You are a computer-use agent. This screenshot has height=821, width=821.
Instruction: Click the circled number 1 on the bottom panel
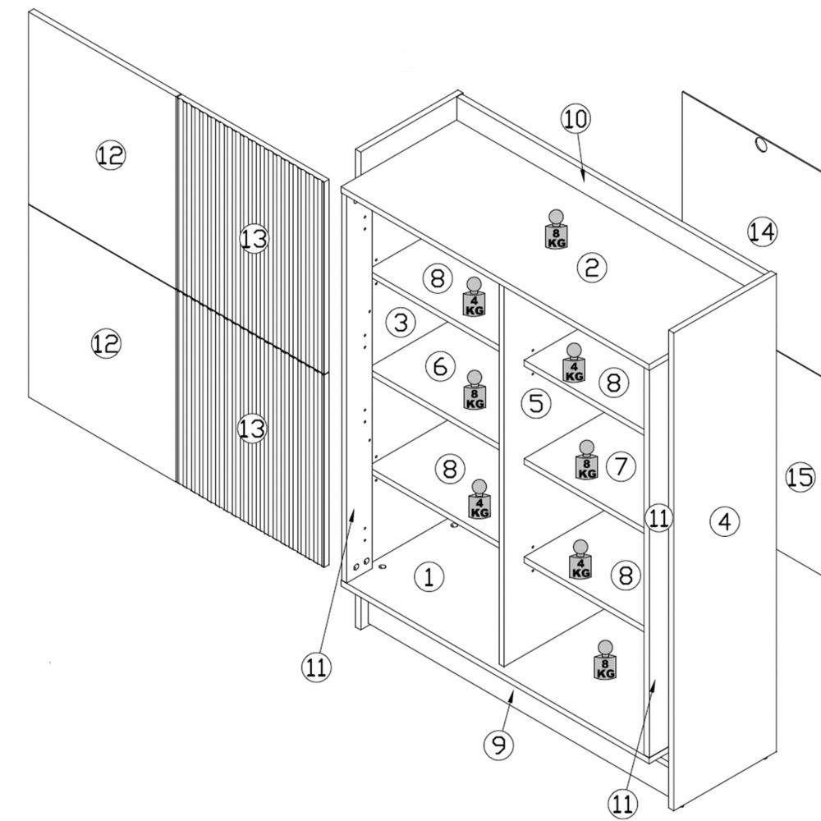click(429, 577)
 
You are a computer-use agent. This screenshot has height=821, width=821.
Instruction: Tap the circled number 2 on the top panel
click(592, 268)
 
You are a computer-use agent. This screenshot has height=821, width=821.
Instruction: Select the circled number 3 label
click(401, 322)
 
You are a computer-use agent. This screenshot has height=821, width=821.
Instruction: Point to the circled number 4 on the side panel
click(725, 521)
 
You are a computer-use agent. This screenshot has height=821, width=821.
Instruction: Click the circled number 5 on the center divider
click(536, 403)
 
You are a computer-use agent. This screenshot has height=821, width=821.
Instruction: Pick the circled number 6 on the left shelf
click(440, 366)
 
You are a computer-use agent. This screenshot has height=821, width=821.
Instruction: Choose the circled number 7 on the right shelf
click(621, 466)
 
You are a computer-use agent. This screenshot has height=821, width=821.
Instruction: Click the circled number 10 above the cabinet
click(576, 119)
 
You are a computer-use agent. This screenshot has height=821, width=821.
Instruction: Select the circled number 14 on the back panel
click(762, 232)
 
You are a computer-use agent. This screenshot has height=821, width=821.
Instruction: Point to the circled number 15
click(800, 478)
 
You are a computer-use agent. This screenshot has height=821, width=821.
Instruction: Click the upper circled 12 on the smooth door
click(111, 155)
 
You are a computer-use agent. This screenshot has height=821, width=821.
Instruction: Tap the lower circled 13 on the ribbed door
click(252, 429)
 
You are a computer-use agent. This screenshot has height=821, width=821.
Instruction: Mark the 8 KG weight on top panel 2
click(556, 229)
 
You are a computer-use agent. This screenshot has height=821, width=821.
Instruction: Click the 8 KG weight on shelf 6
click(475, 389)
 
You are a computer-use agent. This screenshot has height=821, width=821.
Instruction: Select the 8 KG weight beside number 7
click(586, 460)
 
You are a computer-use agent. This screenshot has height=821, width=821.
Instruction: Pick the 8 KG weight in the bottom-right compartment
click(605, 660)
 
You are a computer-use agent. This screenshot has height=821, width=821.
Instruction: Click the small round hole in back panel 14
click(761, 144)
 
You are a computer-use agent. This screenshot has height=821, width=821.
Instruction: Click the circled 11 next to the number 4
click(658, 518)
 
